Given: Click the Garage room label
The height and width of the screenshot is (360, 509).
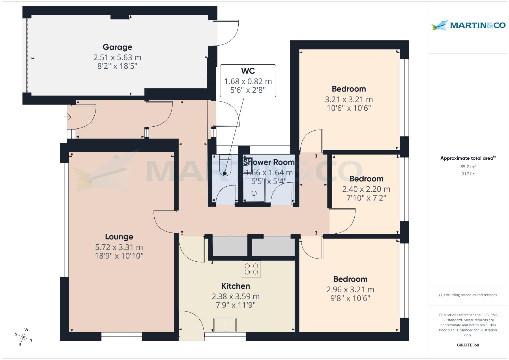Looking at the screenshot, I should (x=117, y=47).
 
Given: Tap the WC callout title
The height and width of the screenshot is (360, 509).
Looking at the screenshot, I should (x=248, y=71).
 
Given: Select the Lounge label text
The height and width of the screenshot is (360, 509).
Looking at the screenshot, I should (x=119, y=237).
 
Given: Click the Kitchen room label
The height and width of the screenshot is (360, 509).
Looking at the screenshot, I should (x=236, y=286).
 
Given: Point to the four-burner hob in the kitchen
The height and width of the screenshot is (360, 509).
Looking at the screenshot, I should (x=251, y=269).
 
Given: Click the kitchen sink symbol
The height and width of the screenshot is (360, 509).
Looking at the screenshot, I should (x=225, y=325).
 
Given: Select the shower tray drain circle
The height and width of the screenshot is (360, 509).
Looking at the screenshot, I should (x=254, y=193).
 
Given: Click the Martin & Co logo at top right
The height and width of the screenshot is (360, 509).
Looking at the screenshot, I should (x=468, y=25).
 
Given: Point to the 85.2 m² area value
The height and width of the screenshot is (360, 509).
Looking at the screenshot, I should (x=468, y=167).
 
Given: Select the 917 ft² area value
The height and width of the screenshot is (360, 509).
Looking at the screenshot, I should (x=468, y=174).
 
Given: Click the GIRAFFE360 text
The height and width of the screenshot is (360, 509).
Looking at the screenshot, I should (x=468, y=345).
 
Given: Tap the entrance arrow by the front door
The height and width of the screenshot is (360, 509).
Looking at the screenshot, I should (x=68, y=117).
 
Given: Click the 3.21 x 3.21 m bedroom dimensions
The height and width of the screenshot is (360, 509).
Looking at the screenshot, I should (x=349, y=99).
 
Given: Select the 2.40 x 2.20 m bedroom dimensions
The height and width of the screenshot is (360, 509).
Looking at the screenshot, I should (x=366, y=189).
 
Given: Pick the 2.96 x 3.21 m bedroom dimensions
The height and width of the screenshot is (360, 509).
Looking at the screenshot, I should (x=350, y=290).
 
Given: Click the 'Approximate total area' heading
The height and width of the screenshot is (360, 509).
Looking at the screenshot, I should (x=468, y=158).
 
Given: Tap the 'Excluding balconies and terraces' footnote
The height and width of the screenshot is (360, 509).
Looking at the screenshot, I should (x=468, y=295).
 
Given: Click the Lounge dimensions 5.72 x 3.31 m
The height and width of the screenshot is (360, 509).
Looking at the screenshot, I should (x=119, y=247).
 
